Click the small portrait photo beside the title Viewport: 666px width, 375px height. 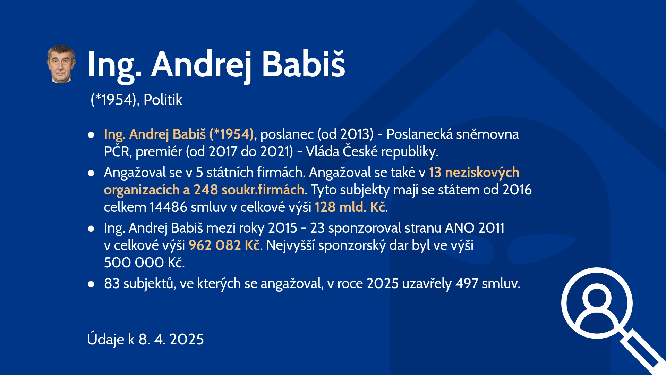click(61, 64)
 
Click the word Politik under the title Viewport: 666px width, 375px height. click(163, 100)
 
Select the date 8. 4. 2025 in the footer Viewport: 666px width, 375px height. click(171, 339)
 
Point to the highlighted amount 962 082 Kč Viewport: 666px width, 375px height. click(224, 245)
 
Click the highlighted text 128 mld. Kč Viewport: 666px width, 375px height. click(350, 207)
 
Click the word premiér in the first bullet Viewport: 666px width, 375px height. click(159, 152)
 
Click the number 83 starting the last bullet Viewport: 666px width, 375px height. click(112, 283)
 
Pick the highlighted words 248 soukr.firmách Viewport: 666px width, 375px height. click(249, 190)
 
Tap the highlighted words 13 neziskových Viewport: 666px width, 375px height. click(474, 173)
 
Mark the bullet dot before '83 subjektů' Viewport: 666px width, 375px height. click(91, 284)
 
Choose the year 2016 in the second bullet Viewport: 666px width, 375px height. click(517, 190)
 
